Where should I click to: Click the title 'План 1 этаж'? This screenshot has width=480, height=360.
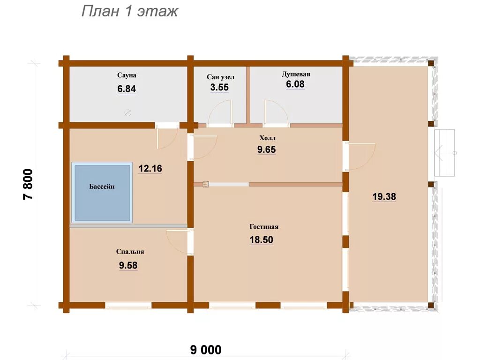129,12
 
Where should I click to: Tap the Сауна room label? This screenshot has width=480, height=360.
127,75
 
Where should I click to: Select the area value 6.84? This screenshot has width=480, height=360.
127,89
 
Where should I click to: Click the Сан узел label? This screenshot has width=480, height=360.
220,77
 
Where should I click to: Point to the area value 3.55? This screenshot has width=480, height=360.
219,88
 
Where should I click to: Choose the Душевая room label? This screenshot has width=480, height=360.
296,75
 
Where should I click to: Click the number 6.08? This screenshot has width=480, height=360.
295,84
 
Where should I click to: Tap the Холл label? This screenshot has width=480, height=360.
268,138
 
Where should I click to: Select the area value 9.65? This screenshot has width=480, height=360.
267,150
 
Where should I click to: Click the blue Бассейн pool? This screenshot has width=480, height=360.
102,193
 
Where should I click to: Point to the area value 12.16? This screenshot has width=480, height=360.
150,168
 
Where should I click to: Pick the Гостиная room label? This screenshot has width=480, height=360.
264,227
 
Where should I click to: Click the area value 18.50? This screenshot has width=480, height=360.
262,240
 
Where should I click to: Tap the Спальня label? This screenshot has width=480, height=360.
130,252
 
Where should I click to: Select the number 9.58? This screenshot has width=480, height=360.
128,265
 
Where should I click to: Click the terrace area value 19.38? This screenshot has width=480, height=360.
384,196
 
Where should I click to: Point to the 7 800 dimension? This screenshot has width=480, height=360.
28,184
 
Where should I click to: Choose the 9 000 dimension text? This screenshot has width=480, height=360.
206,350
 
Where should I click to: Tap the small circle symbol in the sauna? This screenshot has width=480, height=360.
128,113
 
